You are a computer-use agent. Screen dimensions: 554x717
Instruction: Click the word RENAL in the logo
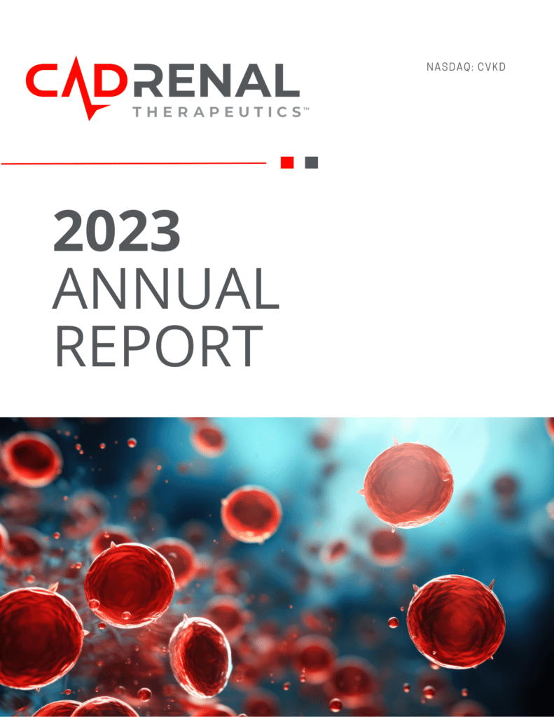pos(216,81)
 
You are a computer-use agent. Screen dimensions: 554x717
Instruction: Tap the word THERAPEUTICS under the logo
pos(217,112)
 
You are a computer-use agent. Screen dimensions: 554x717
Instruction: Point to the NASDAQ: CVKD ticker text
pos(466,67)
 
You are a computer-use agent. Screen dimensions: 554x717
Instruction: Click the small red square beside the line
pos(287,162)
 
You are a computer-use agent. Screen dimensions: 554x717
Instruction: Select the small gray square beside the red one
pos(312,162)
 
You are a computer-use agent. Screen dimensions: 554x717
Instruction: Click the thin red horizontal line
pos(134,162)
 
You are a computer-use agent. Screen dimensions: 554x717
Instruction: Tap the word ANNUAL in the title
pos(165,288)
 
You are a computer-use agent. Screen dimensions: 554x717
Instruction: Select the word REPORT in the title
pos(159,346)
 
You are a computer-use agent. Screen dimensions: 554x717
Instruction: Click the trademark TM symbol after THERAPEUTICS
pos(306,109)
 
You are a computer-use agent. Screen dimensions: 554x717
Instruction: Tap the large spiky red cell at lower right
pos(456,622)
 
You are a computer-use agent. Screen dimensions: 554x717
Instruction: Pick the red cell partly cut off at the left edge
pos(39,638)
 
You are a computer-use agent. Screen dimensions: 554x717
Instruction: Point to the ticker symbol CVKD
pos(492,67)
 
